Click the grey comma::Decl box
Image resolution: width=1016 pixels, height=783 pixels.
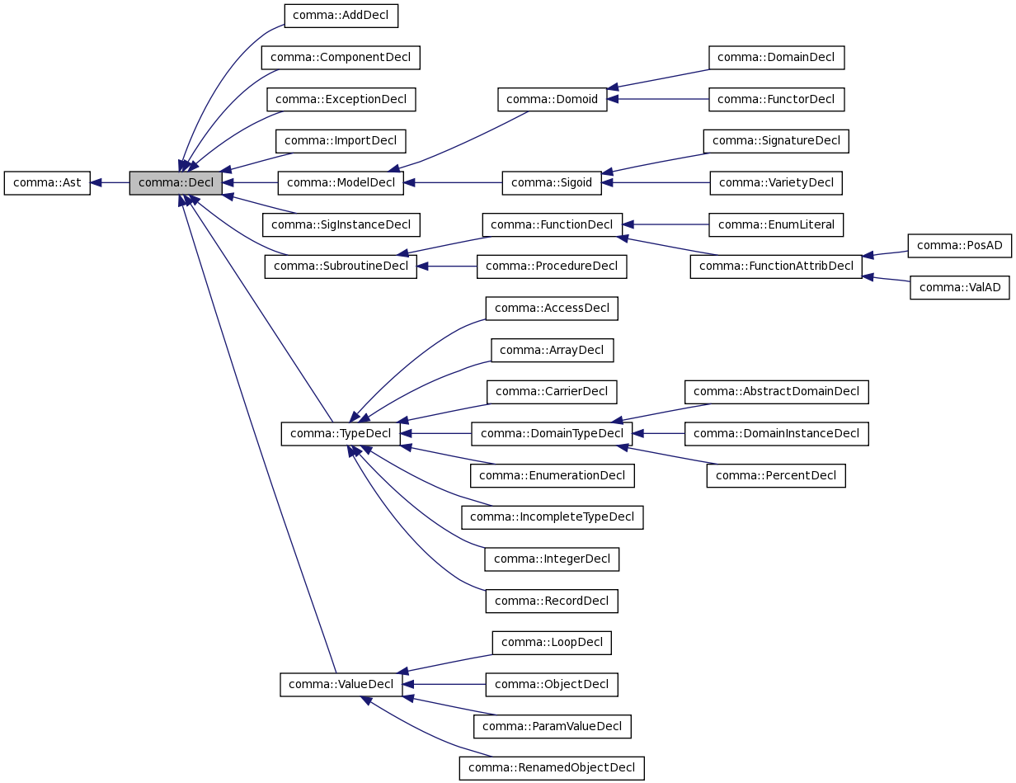176,182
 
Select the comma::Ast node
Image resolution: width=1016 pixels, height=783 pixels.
47,182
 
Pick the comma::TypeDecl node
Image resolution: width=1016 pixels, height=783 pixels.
341,433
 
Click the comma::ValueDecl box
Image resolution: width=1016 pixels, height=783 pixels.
341,684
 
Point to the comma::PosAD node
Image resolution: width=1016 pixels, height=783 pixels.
959,245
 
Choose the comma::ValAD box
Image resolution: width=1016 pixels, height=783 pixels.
959,287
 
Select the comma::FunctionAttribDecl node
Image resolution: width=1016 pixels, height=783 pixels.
775,266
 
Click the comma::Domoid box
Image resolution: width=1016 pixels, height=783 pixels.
552,99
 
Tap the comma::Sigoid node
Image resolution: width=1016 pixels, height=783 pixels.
552,182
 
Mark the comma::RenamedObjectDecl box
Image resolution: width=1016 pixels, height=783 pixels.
552,767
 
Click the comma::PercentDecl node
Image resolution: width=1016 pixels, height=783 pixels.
775,475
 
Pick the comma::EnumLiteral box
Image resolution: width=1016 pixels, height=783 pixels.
776,224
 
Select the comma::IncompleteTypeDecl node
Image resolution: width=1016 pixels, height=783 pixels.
552,517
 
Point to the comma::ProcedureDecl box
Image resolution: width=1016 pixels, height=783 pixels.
552,266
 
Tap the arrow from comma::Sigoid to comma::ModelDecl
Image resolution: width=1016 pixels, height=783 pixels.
453,182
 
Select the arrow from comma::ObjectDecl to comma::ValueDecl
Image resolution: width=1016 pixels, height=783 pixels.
444,684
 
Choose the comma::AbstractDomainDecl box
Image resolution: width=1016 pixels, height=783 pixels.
776,391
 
